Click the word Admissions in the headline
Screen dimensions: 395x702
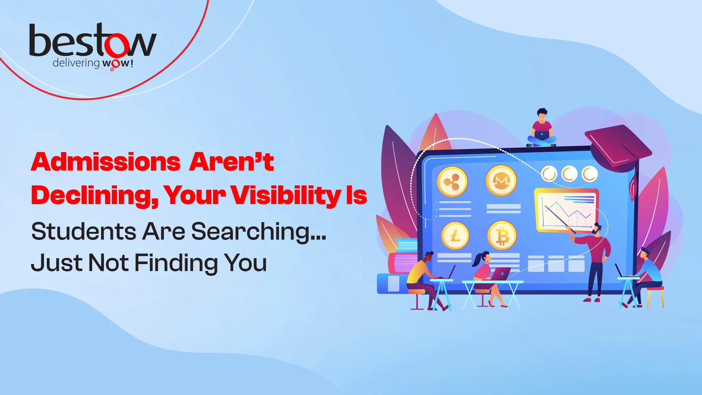tap(106, 162)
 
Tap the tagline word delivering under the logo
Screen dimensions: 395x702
tap(76, 63)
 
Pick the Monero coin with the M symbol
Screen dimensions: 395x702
tap(501, 180)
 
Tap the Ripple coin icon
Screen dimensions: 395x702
tap(452, 181)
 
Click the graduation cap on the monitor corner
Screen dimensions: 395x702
tap(618, 146)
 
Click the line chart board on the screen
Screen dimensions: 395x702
tap(566, 210)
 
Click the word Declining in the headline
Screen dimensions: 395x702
tap(94, 195)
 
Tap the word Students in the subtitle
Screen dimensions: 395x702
tap(84, 231)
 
